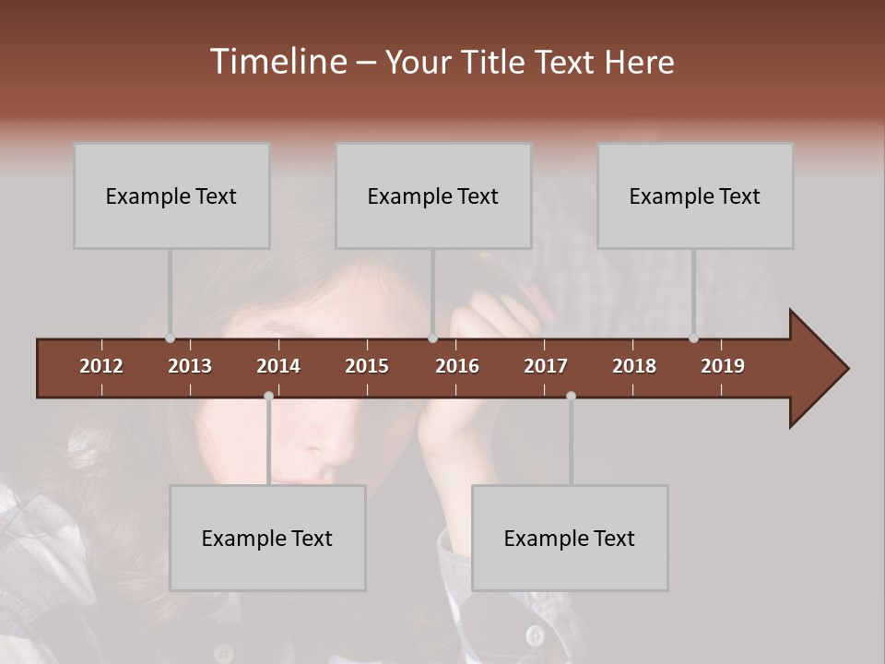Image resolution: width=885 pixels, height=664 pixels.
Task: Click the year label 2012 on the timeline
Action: tap(101, 366)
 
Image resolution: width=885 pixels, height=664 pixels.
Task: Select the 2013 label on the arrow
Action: tap(190, 366)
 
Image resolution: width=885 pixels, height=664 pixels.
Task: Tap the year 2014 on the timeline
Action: tap(278, 366)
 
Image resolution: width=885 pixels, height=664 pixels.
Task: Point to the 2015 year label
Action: tap(367, 366)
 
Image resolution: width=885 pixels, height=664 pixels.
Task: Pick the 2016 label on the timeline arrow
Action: tap(457, 366)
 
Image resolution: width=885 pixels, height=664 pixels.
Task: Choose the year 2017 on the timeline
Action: tap(546, 366)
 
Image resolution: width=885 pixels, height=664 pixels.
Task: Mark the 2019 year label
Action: tap(723, 366)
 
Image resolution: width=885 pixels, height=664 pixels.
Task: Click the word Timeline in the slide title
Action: tap(277, 62)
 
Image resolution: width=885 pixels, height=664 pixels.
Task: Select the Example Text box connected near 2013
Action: tap(171, 196)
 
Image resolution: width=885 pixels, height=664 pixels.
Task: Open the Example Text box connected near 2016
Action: tap(433, 196)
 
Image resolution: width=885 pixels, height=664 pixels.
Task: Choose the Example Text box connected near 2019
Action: tap(695, 196)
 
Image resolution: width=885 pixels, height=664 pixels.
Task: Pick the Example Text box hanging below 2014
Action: tap(267, 538)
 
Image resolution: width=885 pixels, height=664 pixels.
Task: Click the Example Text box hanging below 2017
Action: tap(570, 538)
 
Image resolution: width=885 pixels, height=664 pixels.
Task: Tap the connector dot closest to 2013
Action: tap(170, 338)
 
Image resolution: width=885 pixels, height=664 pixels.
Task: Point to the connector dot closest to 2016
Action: tap(432, 338)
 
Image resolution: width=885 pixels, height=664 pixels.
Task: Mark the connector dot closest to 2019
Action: tap(693, 338)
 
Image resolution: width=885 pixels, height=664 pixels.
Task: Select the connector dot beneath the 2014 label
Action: tap(268, 396)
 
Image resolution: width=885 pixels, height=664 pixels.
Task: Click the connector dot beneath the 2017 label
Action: tap(571, 396)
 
